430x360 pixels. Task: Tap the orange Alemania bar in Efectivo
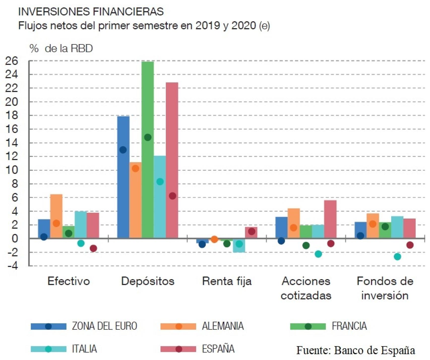57,209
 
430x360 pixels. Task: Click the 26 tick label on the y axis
12,61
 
